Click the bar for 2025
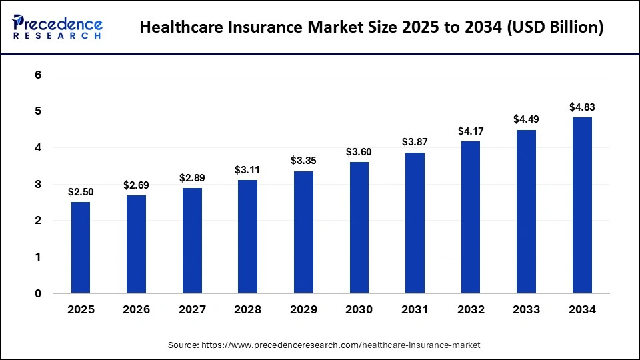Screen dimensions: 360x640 [80, 247]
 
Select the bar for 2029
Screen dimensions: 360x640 [303, 232]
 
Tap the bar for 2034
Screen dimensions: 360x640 [581, 205]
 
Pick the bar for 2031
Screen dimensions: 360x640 [414, 223]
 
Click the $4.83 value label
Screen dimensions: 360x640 [581, 107]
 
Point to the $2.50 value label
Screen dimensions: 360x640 [80, 192]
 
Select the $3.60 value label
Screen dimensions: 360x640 [359, 152]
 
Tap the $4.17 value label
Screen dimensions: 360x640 [470, 131]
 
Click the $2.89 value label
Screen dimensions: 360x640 [191, 178]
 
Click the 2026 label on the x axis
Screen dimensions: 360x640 [135, 310]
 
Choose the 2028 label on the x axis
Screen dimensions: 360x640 [247, 310]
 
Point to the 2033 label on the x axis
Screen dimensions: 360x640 [525, 310]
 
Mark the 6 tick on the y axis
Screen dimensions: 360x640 [38, 75]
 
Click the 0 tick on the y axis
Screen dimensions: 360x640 [38, 293]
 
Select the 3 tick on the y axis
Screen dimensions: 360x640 [38, 184]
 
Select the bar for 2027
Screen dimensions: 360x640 [191, 241]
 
